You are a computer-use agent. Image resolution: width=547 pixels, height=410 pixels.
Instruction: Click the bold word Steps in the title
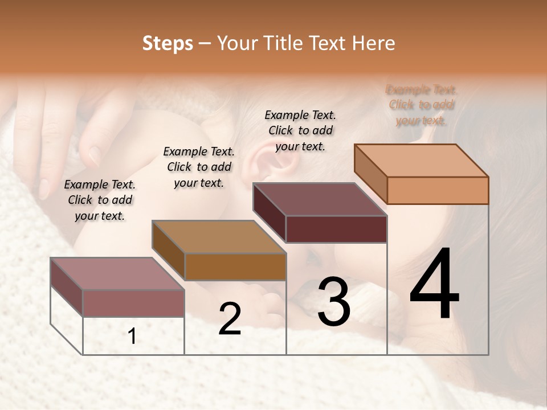pos(168,43)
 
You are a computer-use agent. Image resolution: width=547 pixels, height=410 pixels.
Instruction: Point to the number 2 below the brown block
pos(230,319)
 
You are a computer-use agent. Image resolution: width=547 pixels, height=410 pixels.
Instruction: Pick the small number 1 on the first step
pos(132,336)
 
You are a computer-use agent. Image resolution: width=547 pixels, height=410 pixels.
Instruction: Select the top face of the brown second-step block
pos(219,237)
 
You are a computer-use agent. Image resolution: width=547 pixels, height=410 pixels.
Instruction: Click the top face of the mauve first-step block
pos(117,274)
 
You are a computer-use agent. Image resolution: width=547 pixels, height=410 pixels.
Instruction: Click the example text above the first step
pos(100,200)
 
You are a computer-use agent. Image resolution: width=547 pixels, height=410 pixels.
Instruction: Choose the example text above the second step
pos(199,167)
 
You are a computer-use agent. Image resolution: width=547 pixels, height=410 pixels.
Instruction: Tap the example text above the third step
pos(300,130)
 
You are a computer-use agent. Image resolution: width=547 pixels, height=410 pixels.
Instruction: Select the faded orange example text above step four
pos(422,105)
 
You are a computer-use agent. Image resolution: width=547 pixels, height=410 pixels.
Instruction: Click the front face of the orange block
pos(438,190)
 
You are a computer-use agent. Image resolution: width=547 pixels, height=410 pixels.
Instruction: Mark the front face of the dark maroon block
pos(336,229)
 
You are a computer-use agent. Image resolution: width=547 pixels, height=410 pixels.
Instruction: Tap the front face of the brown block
pos(235,266)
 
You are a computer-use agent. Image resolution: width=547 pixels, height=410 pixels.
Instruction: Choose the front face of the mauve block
pos(133,303)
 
